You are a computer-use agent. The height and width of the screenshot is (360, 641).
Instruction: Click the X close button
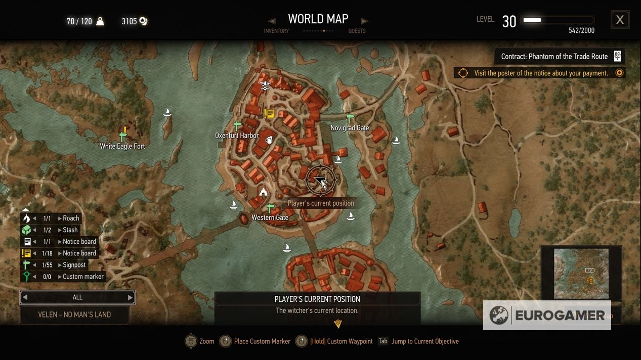point(620,20)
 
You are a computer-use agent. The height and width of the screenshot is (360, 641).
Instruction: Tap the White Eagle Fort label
point(122,146)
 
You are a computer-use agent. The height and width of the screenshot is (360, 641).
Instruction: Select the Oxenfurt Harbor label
point(237,136)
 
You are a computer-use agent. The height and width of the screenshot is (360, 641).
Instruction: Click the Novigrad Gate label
point(350,128)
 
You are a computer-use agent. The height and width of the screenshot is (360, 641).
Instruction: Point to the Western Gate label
point(270,217)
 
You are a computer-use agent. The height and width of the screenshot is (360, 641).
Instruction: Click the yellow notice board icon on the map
point(269,114)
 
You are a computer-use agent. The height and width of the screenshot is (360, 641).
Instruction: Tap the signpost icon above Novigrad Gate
point(349,118)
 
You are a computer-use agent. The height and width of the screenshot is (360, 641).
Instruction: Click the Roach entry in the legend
point(71,218)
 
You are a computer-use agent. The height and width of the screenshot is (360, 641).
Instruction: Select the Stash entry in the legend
point(70,230)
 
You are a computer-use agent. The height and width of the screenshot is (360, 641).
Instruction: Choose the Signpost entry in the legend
point(74,265)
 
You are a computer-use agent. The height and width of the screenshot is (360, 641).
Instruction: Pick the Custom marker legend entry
point(83,277)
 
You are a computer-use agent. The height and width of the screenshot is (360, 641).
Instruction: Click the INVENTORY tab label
point(276,31)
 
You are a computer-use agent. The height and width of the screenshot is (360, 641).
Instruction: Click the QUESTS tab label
point(357,31)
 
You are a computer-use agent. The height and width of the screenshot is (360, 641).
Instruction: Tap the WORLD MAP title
point(318,19)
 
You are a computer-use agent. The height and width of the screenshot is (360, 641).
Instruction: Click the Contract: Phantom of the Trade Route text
point(554,56)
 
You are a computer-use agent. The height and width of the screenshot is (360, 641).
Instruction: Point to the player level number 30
point(509,21)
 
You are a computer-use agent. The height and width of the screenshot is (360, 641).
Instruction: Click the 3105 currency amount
point(130,21)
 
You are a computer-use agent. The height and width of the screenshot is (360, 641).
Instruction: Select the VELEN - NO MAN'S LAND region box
point(74,314)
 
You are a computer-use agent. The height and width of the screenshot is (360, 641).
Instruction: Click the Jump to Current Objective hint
point(424,341)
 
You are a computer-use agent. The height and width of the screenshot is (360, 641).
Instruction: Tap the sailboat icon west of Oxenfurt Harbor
point(167,112)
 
